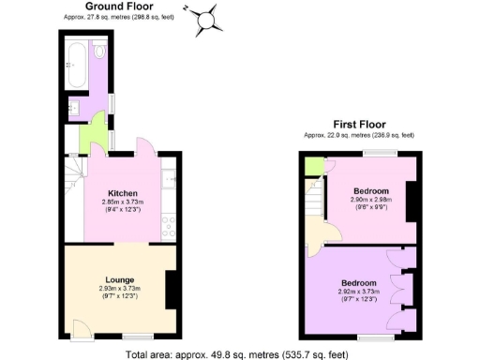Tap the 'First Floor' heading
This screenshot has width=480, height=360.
[x=359, y=125]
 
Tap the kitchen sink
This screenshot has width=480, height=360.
[x=169, y=177]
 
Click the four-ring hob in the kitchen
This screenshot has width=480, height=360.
[x=169, y=225]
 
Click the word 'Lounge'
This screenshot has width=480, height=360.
[x=119, y=279]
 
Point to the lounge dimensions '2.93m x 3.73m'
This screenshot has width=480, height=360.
[x=119, y=288]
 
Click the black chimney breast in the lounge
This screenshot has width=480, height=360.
[x=172, y=290]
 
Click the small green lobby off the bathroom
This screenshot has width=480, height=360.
[x=93, y=138]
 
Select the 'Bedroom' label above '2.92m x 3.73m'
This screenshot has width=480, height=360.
[x=359, y=283]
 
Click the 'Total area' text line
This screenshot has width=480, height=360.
[x=238, y=353]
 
